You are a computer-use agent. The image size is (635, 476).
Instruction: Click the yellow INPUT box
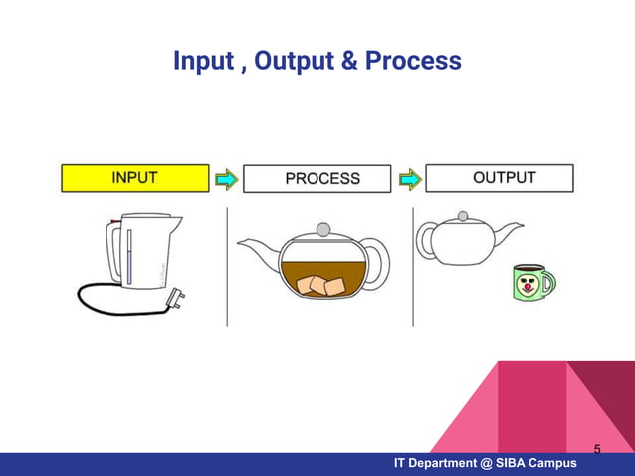coord(134,179)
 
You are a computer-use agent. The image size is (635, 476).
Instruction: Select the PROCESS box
coord(317,179)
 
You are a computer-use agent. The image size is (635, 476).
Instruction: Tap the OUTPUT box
coord(500,178)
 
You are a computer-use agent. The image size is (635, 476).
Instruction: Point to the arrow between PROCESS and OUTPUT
coord(409,179)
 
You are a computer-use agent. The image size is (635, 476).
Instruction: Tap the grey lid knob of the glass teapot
coord(322,229)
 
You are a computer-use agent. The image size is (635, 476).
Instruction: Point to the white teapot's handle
coord(426,241)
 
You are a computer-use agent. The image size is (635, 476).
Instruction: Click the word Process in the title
coord(413,62)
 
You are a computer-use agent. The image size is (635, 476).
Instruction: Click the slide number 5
coord(597,449)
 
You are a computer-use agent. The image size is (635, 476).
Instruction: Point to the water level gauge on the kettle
coord(129,256)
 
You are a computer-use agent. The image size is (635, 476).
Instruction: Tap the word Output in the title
coord(295,62)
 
